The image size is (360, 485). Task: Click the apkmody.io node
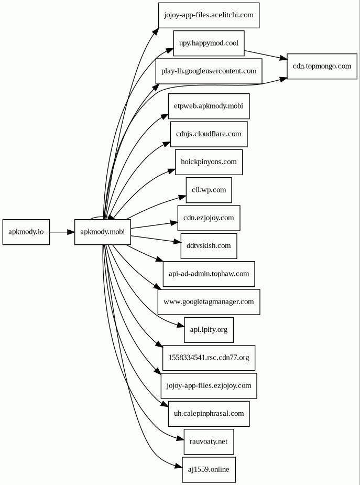(x=26, y=232)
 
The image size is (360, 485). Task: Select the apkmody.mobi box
(x=102, y=232)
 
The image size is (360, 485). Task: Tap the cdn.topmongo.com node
(x=322, y=66)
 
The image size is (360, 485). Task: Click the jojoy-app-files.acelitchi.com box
(x=209, y=15)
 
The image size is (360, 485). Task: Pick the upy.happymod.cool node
(x=209, y=43)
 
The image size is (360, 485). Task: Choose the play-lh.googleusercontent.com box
(x=209, y=71)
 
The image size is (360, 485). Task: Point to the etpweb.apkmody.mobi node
(x=209, y=106)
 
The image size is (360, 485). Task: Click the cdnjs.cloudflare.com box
(x=209, y=134)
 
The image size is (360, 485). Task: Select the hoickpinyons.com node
(x=209, y=162)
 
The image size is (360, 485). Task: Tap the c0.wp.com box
(x=209, y=190)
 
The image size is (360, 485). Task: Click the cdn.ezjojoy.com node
(x=209, y=218)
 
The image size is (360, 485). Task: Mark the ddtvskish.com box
(x=209, y=246)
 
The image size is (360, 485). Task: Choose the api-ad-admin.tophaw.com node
(x=209, y=274)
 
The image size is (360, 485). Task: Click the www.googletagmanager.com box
(x=209, y=302)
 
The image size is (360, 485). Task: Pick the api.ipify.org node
(x=209, y=330)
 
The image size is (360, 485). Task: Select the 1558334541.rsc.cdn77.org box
(x=209, y=358)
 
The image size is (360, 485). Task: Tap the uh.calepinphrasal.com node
(x=209, y=414)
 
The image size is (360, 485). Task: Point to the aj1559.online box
(x=209, y=470)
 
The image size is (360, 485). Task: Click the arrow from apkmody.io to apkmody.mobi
(x=62, y=232)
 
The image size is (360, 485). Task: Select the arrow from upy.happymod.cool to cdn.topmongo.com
(x=265, y=55)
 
